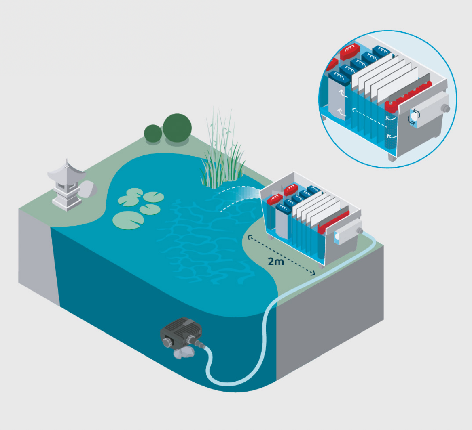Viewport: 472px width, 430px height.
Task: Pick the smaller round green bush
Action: [x=153, y=134]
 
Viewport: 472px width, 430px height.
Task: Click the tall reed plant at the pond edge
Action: [x=222, y=153]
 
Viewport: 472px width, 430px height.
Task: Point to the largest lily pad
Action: [x=128, y=219]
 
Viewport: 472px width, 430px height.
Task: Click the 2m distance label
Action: [x=276, y=261]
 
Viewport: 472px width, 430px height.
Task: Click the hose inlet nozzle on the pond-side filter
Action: [x=360, y=231]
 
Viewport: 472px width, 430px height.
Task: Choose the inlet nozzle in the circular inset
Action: [x=446, y=108]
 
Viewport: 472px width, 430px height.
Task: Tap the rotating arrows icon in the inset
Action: [x=415, y=117]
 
